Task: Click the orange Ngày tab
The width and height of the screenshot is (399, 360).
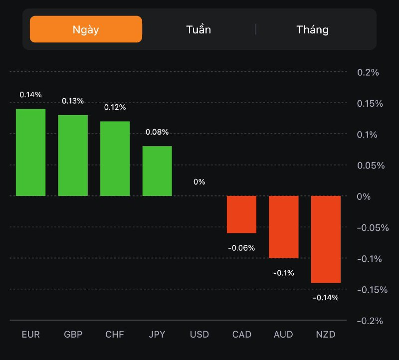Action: click(86, 29)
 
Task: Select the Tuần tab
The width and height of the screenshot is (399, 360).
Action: click(199, 29)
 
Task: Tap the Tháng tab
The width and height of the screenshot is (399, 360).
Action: click(313, 29)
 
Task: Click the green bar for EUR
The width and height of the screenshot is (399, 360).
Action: click(30, 152)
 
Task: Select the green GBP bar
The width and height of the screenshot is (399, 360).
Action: click(73, 155)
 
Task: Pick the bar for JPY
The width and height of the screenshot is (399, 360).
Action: click(157, 171)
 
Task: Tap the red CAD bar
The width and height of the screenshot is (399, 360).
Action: click(241, 214)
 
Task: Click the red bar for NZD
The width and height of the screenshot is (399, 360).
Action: click(326, 239)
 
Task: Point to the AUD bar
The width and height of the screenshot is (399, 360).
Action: click(284, 227)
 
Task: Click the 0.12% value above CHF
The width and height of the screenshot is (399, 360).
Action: click(115, 107)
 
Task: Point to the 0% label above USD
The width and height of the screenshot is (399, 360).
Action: click(199, 182)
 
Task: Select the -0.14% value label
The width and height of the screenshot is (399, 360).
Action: click(326, 298)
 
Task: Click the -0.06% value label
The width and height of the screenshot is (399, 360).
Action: click(241, 248)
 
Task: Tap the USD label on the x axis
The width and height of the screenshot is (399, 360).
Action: click(199, 334)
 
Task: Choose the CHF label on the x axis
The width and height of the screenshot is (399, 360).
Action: click(115, 334)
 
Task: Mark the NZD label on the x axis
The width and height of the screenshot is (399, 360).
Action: click(326, 334)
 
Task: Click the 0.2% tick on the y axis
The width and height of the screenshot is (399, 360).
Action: click(368, 72)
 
